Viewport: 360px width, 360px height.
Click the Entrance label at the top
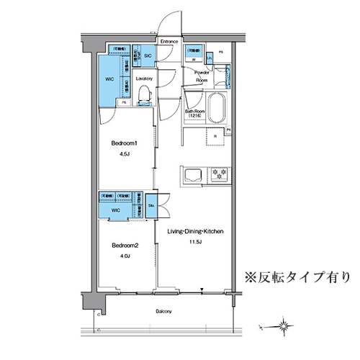[169, 42]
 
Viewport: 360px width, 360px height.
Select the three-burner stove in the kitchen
[218, 174]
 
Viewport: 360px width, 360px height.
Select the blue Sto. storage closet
[152, 205]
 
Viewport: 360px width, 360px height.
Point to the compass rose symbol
[287, 325]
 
